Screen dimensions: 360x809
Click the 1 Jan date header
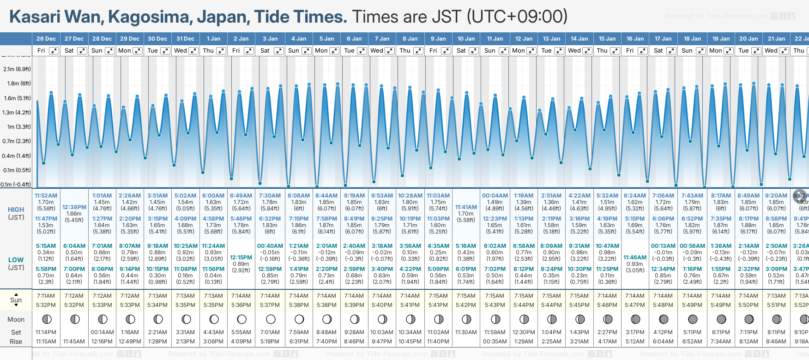pos(213,39)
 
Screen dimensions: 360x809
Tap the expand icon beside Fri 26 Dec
pos(54,51)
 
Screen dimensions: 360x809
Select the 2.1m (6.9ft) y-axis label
pos(17,69)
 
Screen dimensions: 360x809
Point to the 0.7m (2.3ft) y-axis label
pos(17,141)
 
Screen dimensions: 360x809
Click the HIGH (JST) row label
pos(16,213)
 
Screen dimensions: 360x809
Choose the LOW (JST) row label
pos(16,264)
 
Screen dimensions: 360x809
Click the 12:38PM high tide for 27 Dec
pos(74,207)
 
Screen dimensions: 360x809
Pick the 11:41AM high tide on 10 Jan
pos(466,207)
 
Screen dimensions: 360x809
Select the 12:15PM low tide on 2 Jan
pos(241,258)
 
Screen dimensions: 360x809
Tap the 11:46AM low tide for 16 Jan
pos(635,258)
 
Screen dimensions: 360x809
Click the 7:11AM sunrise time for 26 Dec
pos(46,296)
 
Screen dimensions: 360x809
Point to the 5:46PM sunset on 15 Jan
pos(607,305)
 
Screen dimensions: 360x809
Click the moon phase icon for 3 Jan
pos(271,319)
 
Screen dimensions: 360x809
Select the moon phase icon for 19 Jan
pos(721,319)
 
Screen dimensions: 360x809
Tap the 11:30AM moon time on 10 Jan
pos(466,332)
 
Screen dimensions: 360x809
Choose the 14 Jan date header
pos(579,39)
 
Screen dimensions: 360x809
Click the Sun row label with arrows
pos(16,300)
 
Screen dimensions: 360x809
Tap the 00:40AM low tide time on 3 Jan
pos(270,246)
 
